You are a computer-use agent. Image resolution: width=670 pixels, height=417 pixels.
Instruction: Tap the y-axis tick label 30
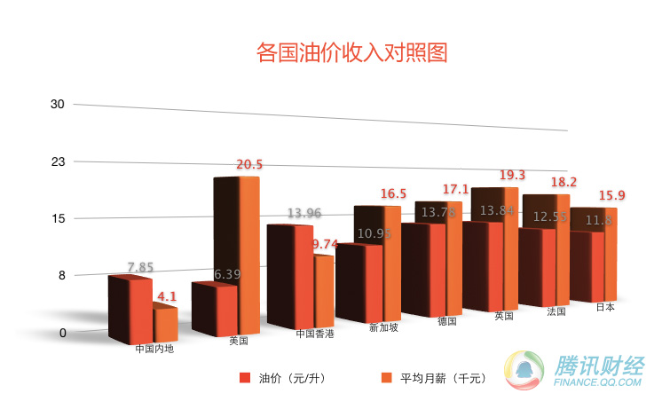(59, 105)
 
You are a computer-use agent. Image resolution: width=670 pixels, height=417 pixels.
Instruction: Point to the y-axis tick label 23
(59, 162)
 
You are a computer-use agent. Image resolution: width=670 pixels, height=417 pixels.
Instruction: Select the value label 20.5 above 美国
(249, 164)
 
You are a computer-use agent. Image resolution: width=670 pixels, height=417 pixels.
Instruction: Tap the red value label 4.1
(168, 296)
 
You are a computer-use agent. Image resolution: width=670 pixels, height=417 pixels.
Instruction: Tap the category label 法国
(556, 311)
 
